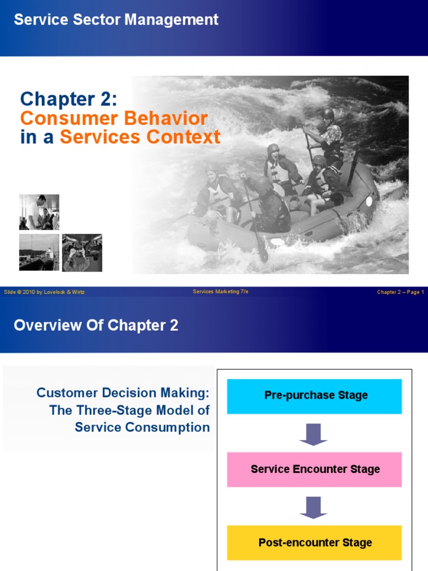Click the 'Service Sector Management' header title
click(116, 20)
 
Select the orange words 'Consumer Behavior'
click(114, 118)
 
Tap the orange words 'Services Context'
click(140, 137)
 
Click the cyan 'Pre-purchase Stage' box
click(314, 396)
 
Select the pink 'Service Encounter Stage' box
click(314, 470)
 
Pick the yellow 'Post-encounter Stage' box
click(314, 543)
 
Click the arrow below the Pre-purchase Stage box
click(314, 434)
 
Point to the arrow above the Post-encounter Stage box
click(314, 507)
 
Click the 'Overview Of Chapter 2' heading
click(96, 326)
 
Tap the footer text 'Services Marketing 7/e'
click(221, 292)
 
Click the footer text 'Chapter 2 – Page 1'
click(400, 292)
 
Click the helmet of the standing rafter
click(328, 114)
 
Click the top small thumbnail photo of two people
click(39, 212)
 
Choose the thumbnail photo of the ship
click(39, 252)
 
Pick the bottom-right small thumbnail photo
click(82, 252)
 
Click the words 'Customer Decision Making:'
click(123, 393)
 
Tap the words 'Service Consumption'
click(142, 428)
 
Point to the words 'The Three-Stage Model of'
click(129, 410)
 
